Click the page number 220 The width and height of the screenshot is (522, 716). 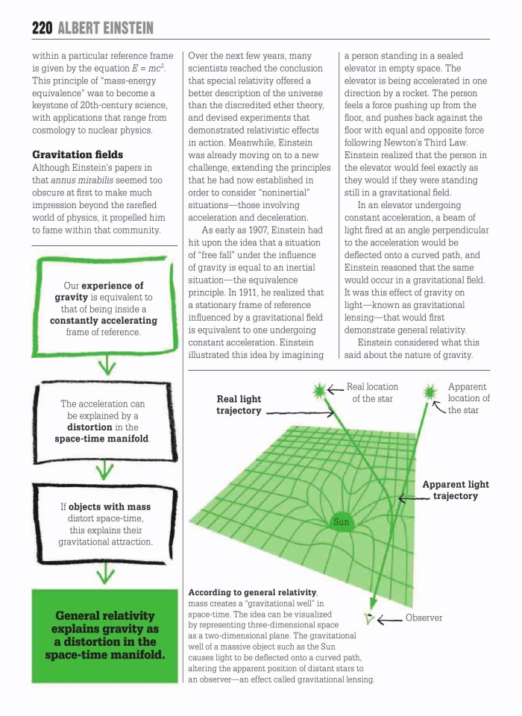42,28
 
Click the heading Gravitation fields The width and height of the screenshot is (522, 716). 72,154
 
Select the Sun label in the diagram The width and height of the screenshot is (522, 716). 341,522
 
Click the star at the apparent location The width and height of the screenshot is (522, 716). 430,391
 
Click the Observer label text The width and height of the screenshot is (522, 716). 424,618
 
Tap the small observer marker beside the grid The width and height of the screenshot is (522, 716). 368,617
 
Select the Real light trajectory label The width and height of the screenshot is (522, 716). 239,405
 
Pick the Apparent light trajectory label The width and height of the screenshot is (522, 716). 456,490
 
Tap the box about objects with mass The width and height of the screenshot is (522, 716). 105,524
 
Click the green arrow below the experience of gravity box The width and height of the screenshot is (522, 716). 109,365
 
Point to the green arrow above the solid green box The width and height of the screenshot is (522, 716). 107,573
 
